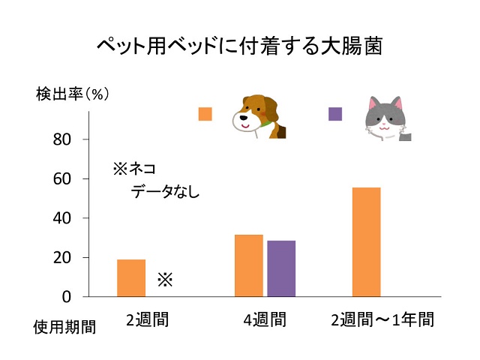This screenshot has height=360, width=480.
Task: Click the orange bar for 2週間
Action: tap(131, 277)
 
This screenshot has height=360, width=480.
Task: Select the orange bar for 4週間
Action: tap(248, 265)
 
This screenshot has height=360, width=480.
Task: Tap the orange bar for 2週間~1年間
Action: tap(366, 241)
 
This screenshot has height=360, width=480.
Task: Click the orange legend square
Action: tap(205, 114)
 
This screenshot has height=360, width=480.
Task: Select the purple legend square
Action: tap(335, 114)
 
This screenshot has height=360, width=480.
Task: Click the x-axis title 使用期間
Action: tap(64, 328)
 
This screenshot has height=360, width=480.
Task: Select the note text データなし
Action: tap(165, 191)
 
